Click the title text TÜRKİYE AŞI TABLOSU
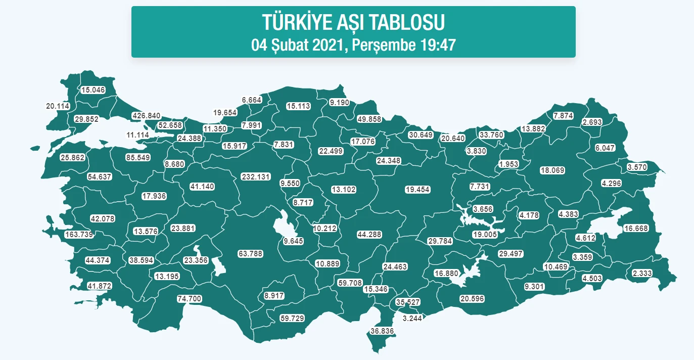click(x=353, y=22)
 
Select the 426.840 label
click(x=146, y=116)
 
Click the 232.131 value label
click(x=256, y=177)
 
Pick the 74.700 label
click(x=190, y=299)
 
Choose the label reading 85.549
click(x=138, y=158)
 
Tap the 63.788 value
click(x=250, y=254)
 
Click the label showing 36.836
click(x=382, y=331)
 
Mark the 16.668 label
click(x=636, y=229)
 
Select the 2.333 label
click(x=642, y=274)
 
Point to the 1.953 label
click(x=508, y=164)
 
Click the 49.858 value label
click(x=369, y=119)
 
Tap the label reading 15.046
click(x=93, y=90)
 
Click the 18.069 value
click(x=552, y=170)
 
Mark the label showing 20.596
click(x=472, y=299)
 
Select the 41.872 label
click(x=99, y=286)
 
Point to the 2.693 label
click(x=592, y=122)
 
